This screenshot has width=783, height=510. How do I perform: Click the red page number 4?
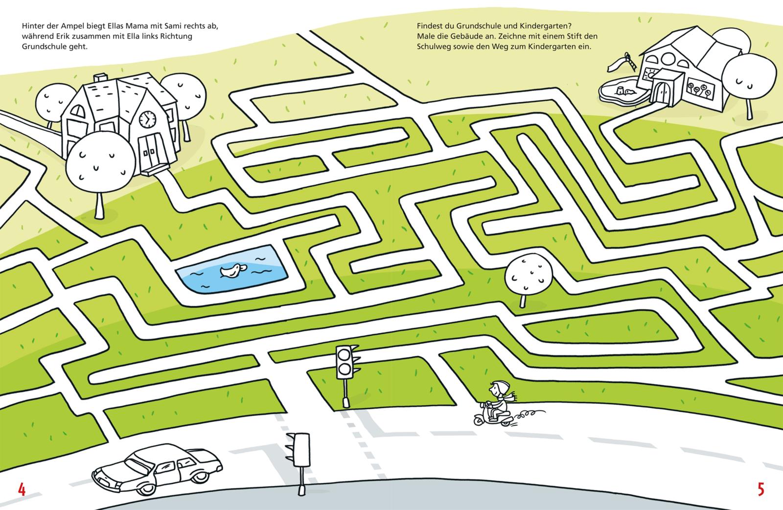tap(21, 489)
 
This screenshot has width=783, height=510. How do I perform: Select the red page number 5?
tap(760, 489)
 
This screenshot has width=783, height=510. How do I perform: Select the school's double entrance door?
tap(151, 150)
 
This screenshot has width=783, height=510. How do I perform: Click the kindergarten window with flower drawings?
tap(702, 90)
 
